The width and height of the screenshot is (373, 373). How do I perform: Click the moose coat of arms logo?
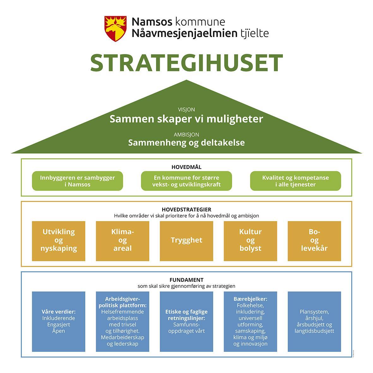[116, 29]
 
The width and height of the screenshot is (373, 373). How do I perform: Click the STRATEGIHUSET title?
[186, 63]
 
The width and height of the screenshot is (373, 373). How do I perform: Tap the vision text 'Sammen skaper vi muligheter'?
[186, 119]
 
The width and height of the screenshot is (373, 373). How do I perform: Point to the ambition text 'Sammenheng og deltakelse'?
[186, 142]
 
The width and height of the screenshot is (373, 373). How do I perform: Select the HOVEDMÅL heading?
[186, 167]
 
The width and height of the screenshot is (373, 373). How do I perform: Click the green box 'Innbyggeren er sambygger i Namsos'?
[77, 181]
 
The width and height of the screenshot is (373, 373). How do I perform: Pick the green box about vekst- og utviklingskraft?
[186, 181]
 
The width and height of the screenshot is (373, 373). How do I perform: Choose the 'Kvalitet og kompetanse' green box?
[295, 181]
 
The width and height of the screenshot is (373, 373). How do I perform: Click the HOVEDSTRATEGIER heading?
[186, 209]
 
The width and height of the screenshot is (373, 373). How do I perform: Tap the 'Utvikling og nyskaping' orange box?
[59, 241]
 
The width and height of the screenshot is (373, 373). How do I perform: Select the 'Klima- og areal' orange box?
[123, 241]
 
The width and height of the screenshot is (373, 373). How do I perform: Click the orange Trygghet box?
[186, 241]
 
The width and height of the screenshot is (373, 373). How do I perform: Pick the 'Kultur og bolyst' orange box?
[250, 241]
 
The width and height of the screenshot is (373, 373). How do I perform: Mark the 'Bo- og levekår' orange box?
[314, 241]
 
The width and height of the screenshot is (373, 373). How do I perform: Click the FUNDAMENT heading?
[186, 280]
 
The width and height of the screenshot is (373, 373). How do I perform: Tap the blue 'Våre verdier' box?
[59, 322]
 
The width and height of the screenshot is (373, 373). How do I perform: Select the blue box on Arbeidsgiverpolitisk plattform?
[123, 322]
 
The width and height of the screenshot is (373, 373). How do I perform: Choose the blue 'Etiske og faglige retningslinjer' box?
[186, 322]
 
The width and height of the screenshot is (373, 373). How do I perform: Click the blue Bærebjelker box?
[250, 322]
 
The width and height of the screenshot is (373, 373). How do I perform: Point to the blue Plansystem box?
[314, 322]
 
